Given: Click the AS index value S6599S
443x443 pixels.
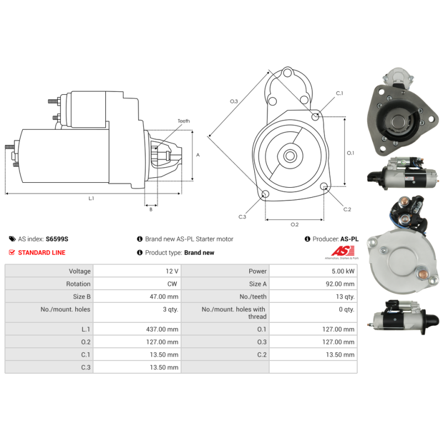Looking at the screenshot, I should pyautogui.click(x=57, y=239).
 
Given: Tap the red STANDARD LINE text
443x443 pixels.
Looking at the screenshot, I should pyautogui.click(x=42, y=253).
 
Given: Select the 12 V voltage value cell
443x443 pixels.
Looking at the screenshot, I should pyautogui.click(x=172, y=271).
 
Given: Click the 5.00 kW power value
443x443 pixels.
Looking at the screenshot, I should pyautogui.click(x=344, y=271).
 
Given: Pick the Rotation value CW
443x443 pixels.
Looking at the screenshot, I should pyautogui.click(x=173, y=284).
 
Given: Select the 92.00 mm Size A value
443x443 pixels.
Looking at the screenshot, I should pyautogui.click(x=341, y=284).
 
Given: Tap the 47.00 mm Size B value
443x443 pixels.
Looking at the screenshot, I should pyautogui.click(x=166, y=297).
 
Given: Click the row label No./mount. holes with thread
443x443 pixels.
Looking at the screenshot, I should pyautogui.click(x=233, y=313).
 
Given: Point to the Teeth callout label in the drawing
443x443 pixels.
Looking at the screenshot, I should pyautogui.click(x=183, y=121).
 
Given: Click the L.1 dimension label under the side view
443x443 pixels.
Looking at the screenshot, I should pyautogui.click(x=91, y=198).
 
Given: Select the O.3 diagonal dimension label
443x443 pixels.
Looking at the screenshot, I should pyautogui.click(x=234, y=101).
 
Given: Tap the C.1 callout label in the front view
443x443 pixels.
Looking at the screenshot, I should pyautogui.click(x=339, y=94).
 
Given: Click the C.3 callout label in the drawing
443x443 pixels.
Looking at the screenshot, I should pyautogui.click(x=242, y=217).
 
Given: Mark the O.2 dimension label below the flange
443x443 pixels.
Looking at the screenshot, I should pyautogui.click(x=295, y=224).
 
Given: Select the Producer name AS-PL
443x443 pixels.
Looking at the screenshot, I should pyautogui.click(x=349, y=239).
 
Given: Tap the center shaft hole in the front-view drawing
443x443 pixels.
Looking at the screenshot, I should pyautogui.click(x=290, y=156).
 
